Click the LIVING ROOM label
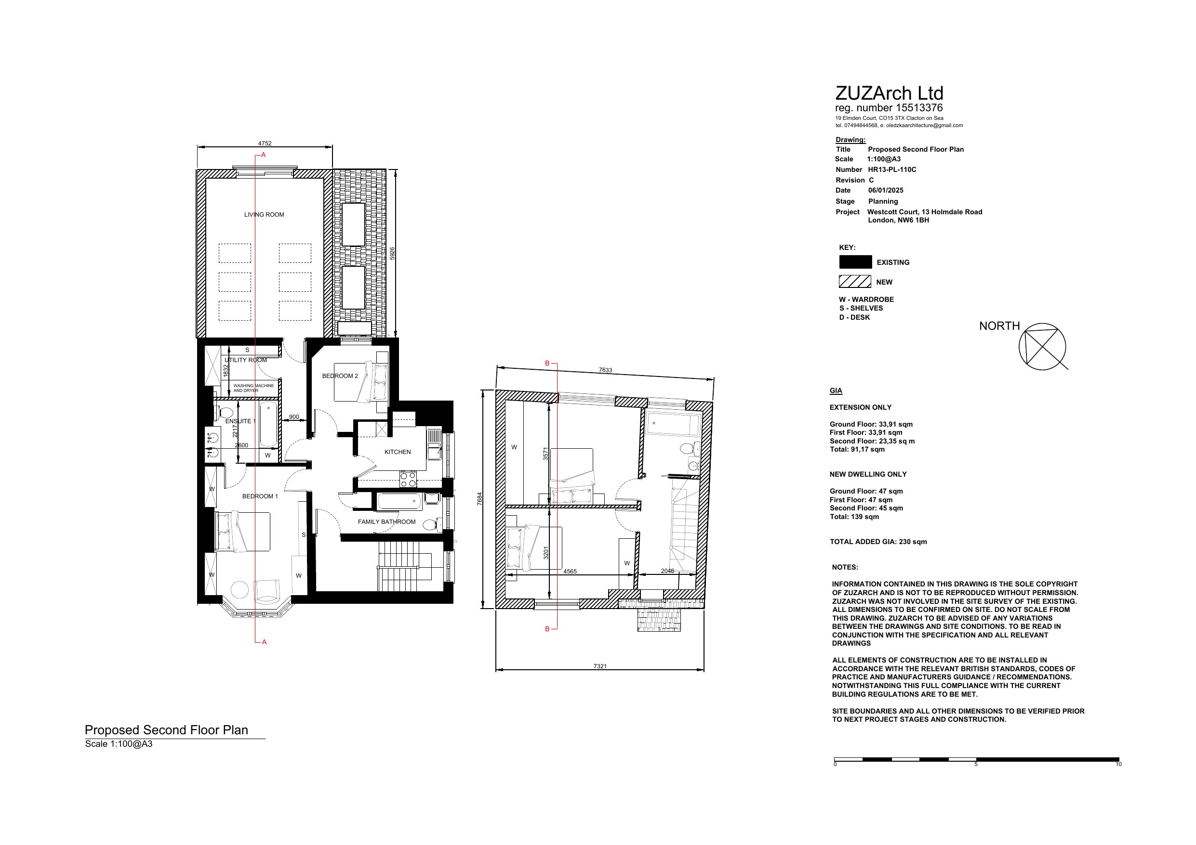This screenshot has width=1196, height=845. tap(264, 215)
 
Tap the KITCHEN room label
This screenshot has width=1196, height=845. tap(398, 452)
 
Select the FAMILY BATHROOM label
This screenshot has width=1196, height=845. tap(386, 521)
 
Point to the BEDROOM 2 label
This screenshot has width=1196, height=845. tap(340, 376)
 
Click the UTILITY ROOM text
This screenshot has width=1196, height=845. tap(245, 360)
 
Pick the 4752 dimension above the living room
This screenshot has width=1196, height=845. tap(265, 143)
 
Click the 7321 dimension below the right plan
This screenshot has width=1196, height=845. tap(600, 666)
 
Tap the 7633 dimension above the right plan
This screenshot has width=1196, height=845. tap(605, 370)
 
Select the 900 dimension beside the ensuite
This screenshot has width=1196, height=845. tap(294, 417)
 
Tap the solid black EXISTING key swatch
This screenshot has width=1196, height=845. tap(855, 262)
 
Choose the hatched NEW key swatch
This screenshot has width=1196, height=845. tap(855, 282)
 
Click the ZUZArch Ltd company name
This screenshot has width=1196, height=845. tap(889, 93)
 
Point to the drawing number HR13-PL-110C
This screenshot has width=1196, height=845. tap(892, 170)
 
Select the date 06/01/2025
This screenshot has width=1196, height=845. tap(886, 191)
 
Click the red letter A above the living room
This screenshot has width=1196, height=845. tap(264, 155)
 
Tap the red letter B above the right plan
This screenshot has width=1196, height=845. tap(547, 363)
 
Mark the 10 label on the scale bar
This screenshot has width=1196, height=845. tap(1119, 764)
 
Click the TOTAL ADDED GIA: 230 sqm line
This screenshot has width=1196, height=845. tap(878, 542)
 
